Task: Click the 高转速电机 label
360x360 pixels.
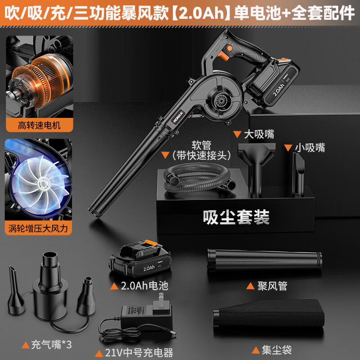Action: [39, 126]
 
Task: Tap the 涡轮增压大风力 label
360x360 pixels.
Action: [39, 229]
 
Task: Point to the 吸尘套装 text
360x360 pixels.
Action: [236, 217]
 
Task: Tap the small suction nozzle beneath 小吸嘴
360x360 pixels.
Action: [298, 173]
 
